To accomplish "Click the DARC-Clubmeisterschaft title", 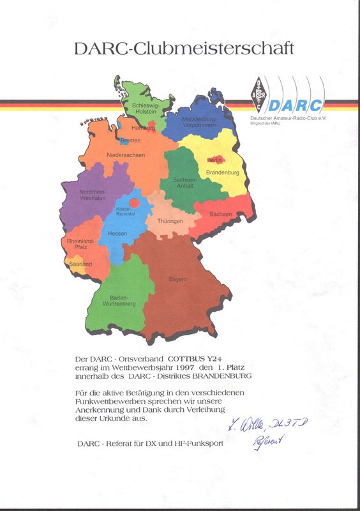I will [183, 49].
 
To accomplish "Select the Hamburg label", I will [144, 128].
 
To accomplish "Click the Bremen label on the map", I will [130, 141].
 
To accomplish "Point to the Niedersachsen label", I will [126, 155].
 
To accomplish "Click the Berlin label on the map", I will [214, 160].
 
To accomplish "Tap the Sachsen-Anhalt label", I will [184, 183].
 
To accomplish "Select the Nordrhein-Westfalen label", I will [93, 195].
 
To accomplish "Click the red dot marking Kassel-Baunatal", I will [134, 202].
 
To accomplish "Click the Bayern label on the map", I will [178, 279].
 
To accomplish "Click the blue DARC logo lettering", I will [296, 105].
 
